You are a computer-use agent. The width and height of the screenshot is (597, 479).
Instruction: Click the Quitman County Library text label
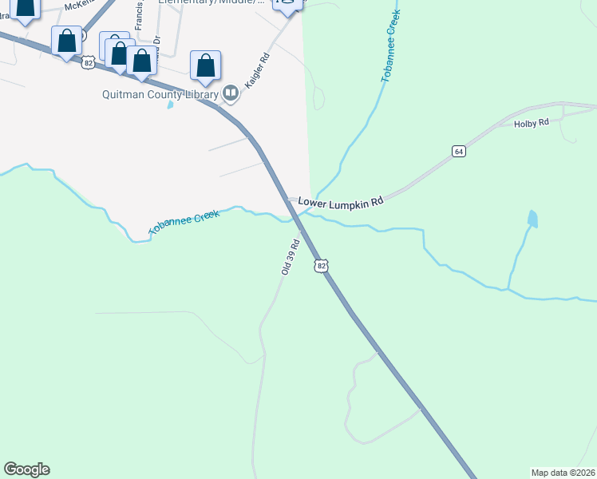[160, 94]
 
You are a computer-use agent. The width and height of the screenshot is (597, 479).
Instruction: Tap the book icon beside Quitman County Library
[231, 94]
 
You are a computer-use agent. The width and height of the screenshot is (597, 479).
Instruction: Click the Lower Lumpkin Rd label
[341, 202]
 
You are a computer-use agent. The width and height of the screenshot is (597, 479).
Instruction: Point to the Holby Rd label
[532, 123]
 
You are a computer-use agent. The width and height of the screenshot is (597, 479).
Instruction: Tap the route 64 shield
[457, 151]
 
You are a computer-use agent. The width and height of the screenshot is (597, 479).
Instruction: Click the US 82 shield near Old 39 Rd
[321, 265]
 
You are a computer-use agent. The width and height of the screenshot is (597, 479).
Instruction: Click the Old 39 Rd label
[290, 257]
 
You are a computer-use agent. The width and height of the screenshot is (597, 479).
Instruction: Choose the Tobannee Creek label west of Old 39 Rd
[184, 223]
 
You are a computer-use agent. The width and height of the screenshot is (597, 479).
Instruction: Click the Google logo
[26, 469]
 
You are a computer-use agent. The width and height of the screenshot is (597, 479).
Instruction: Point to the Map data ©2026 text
[563, 472]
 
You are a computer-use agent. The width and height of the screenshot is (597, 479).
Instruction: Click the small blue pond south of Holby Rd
[532, 218]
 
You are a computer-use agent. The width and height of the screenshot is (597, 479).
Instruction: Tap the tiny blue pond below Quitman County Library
[170, 105]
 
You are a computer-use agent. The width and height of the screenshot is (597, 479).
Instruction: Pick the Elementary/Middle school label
[211, 2]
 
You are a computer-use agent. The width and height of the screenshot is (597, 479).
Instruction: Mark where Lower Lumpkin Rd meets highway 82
[289, 200]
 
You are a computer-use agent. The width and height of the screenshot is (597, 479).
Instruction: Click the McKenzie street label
[80, 5]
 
